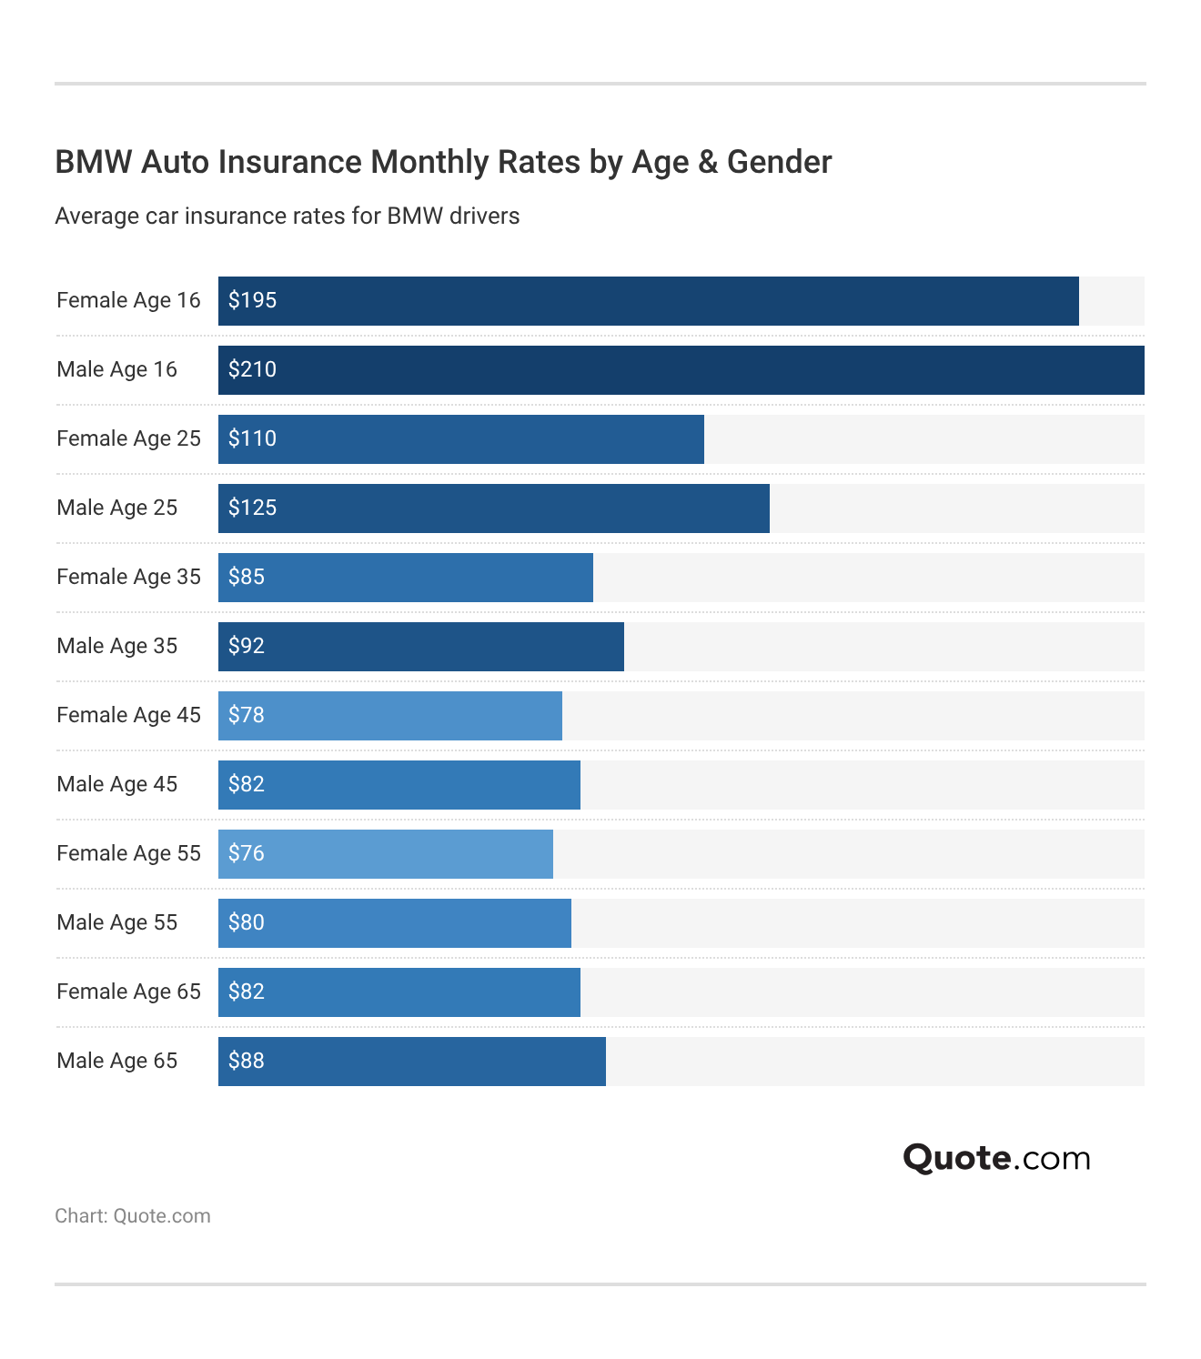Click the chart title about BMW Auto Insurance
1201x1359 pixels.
[x=443, y=162]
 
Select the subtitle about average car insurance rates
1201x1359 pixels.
[x=287, y=216]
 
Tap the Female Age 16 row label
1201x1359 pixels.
[x=128, y=300]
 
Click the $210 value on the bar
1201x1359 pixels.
[x=252, y=369]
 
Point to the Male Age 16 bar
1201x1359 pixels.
[x=681, y=370]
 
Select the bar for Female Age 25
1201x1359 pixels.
[x=460, y=439]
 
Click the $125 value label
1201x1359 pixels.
[x=252, y=508]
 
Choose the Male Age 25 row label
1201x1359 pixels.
[x=116, y=508]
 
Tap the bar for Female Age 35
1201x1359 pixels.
[x=405, y=578]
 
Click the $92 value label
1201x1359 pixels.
[x=247, y=646]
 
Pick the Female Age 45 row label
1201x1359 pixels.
[x=128, y=715]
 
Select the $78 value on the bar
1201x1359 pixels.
[x=247, y=715]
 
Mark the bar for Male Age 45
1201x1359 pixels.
[x=399, y=785]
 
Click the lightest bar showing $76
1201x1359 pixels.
[x=385, y=854]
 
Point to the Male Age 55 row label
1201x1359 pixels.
[x=116, y=922]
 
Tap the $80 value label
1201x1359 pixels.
[x=247, y=922]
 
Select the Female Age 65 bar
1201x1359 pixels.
[x=399, y=992]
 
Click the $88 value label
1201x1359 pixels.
[x=247, y=1061]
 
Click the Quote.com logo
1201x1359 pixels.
[x=996, y=1158]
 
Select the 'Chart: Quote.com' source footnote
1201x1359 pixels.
[x=133, y=1216]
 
